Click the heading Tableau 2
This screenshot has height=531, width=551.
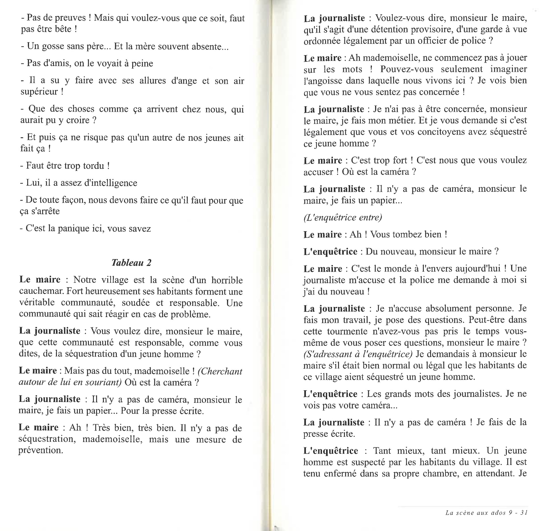(x=131, y=263)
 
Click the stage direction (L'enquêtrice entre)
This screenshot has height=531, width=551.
(x=343, y=217)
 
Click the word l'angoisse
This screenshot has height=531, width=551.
(x=323, y=81)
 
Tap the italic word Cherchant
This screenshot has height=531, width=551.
(x=220, y=371)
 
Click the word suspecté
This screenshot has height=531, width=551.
(x=360, y=462)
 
